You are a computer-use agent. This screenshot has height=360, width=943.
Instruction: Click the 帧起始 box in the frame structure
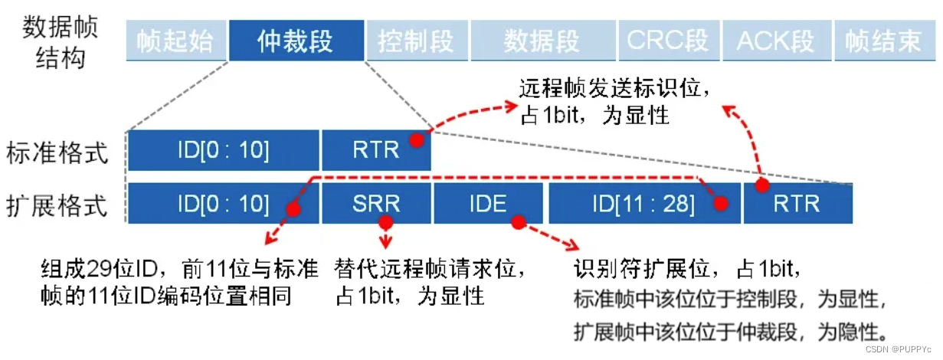pos(175,41)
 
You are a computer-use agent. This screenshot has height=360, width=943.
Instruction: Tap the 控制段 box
pos(416,41)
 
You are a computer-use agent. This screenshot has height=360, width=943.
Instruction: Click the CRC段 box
pos(667,41)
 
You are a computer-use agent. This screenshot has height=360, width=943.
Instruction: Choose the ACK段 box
pos(774,41)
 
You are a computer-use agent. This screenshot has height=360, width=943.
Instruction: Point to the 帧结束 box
pos(882,41)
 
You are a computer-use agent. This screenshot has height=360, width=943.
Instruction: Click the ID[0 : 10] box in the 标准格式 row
pos(223,150)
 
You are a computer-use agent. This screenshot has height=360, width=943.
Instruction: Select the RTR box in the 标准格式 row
pos(376,150)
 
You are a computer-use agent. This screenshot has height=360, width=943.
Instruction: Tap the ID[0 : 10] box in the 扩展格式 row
pos(223,204)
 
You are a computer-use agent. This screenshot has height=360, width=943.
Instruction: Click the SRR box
pos(376,204)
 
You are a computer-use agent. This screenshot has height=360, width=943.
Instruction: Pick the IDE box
pos(489,204)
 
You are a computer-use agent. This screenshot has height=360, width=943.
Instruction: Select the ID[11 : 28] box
pos(643,204)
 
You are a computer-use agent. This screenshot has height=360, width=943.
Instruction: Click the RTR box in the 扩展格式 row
pos(797,204)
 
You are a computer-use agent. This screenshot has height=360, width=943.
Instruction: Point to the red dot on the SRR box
pos(385,221)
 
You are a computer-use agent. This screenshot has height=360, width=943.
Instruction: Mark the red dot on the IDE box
pos(519,221)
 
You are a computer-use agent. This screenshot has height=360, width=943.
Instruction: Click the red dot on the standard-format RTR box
pos(416,141)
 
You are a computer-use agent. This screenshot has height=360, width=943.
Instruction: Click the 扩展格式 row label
pos(57,205)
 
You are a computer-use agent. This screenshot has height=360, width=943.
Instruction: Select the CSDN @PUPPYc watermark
pos(902,349)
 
